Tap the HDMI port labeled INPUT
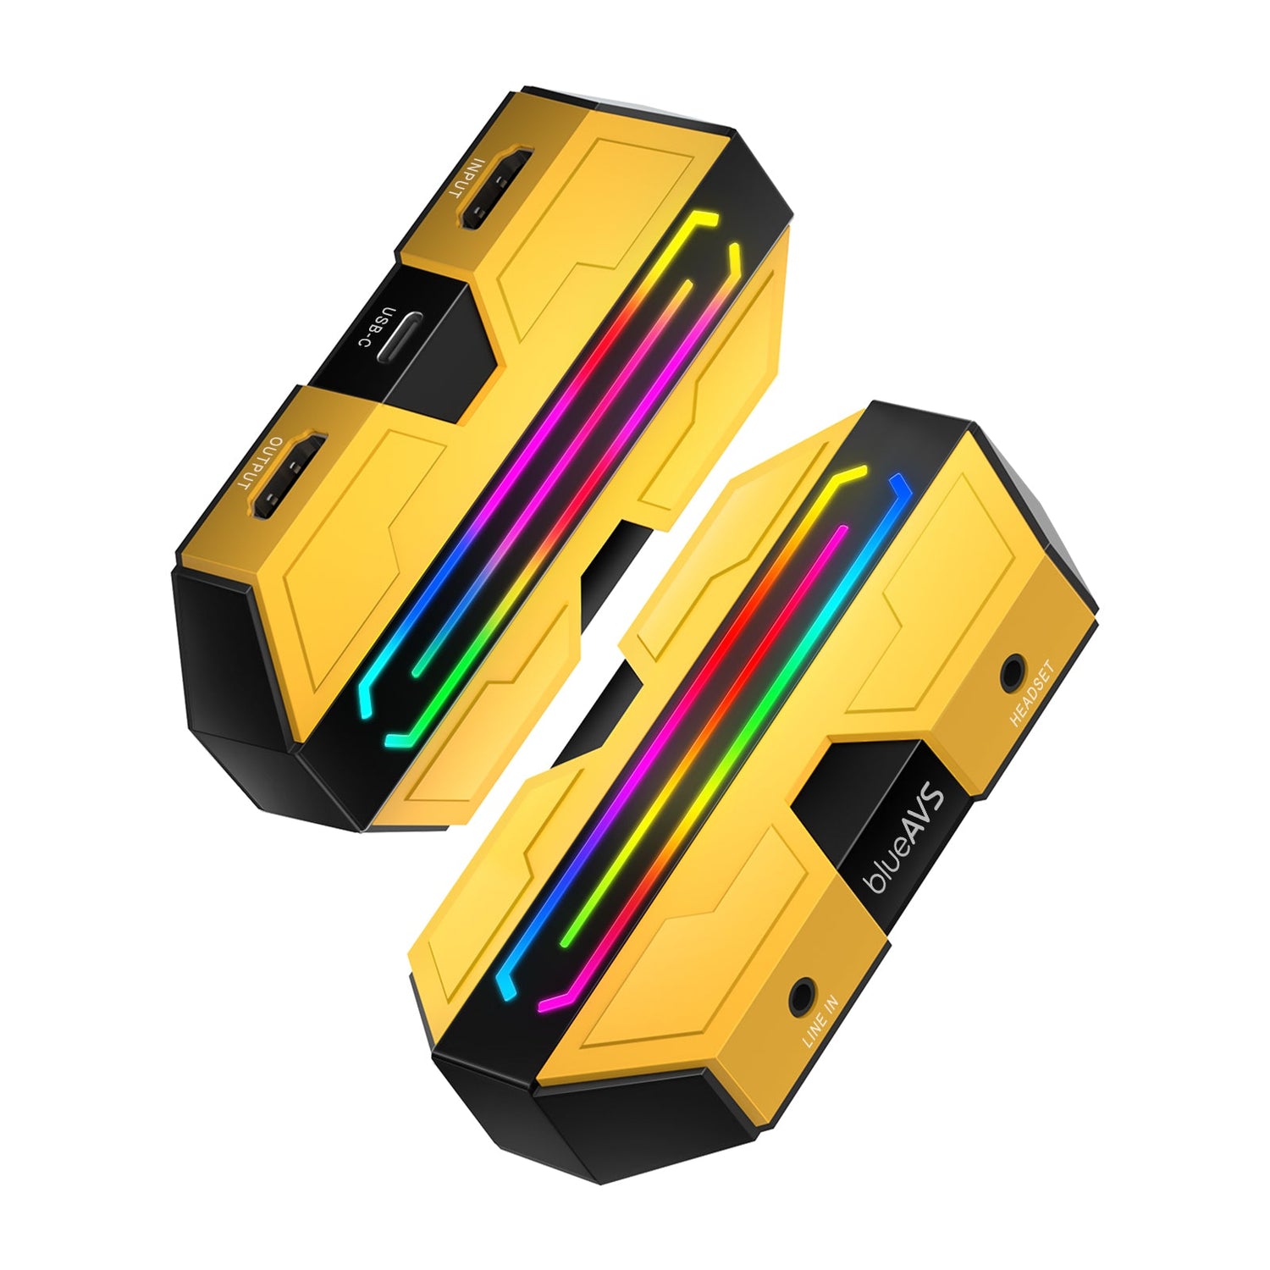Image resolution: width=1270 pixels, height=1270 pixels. tap(495, 189)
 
